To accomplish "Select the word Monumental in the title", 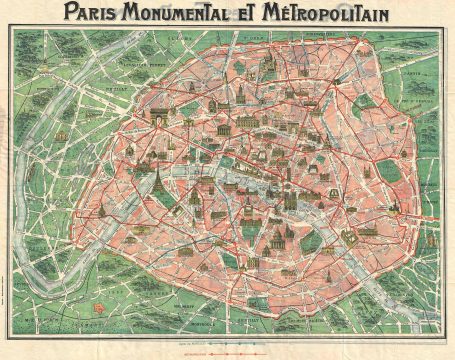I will pyautogui.click(x=194, y=13).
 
